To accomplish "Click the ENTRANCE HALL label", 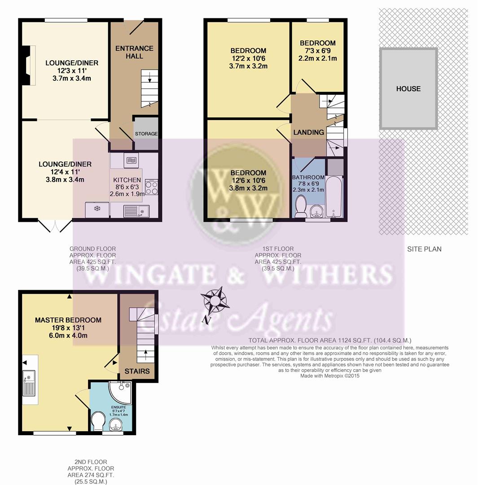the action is pos(134,52).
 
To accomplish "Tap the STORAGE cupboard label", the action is pos(146,134).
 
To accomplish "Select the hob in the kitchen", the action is pos(152,187).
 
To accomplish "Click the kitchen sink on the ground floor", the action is pos(136,211).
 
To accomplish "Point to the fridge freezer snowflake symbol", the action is pos(97,209).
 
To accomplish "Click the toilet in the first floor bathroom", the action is pos(301,206).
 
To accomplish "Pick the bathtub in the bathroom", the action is pos(334,196).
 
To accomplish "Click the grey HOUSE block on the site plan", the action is pos(408,89).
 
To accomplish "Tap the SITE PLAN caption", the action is pos(424,249).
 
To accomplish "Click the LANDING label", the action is pos(308,132).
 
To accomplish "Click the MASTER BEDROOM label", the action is pos(68,320).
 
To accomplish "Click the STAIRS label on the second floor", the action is pos(137,371).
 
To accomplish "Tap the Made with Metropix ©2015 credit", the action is pos(330,376).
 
